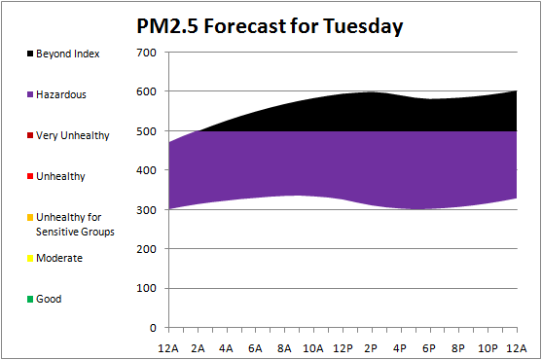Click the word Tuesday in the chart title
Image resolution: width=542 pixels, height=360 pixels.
click(363, 26)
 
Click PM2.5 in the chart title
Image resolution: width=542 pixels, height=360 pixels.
click(167, 26)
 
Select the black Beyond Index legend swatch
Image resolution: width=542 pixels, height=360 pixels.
click(30, 54)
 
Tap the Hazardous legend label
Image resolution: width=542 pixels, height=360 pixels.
click(61, 94)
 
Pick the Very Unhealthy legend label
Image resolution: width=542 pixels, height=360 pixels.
click(73, 135)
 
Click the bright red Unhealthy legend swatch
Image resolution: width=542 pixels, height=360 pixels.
click(30, 176)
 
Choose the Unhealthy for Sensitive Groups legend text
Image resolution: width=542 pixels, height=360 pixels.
click(75, 224)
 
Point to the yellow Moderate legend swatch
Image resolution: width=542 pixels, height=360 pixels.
click(30, 258)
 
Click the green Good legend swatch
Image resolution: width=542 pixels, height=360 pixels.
click(30, 299)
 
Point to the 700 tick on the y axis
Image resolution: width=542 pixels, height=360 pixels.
click(146, 53)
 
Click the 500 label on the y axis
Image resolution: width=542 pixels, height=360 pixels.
click(146, 131)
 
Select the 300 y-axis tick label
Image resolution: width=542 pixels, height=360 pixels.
click(146, 210)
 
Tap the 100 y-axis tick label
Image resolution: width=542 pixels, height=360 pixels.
click(146, 288)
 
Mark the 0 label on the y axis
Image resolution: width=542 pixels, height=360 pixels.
click(153, 328)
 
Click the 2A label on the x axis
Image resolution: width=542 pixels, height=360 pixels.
click(198, 348)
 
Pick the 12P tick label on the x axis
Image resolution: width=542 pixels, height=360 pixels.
click(343, 348)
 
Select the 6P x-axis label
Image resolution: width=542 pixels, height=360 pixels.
click(429, 348)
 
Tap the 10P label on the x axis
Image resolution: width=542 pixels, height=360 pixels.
click(488, 348)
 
